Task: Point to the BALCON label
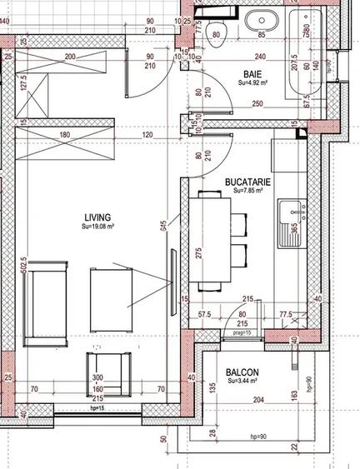(241, 372)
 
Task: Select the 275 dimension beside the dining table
(197, 252)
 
